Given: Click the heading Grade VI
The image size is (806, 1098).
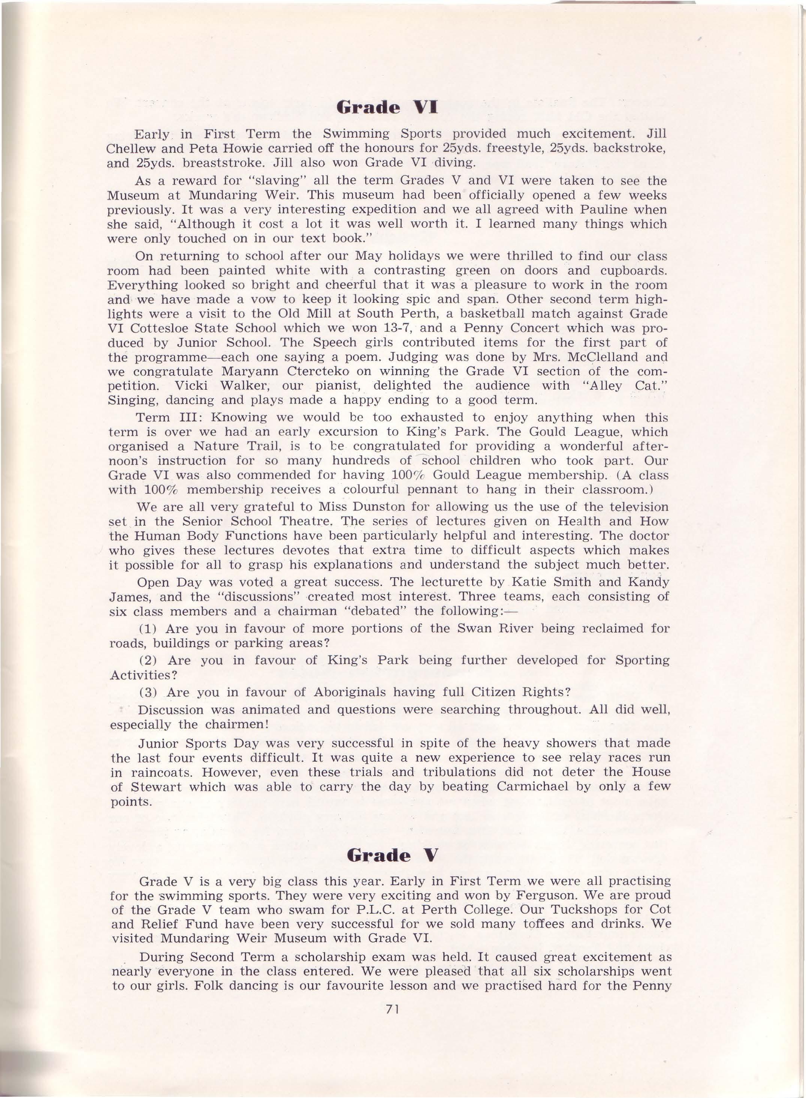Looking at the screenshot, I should (x=387, y=107).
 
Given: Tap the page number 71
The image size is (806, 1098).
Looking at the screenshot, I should (x=393, y=1010).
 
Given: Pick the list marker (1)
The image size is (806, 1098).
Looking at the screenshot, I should (x=147, y=628).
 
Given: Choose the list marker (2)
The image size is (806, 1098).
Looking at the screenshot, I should (x=148, y=660).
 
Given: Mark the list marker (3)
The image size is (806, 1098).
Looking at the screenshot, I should (x=147, y=693).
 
